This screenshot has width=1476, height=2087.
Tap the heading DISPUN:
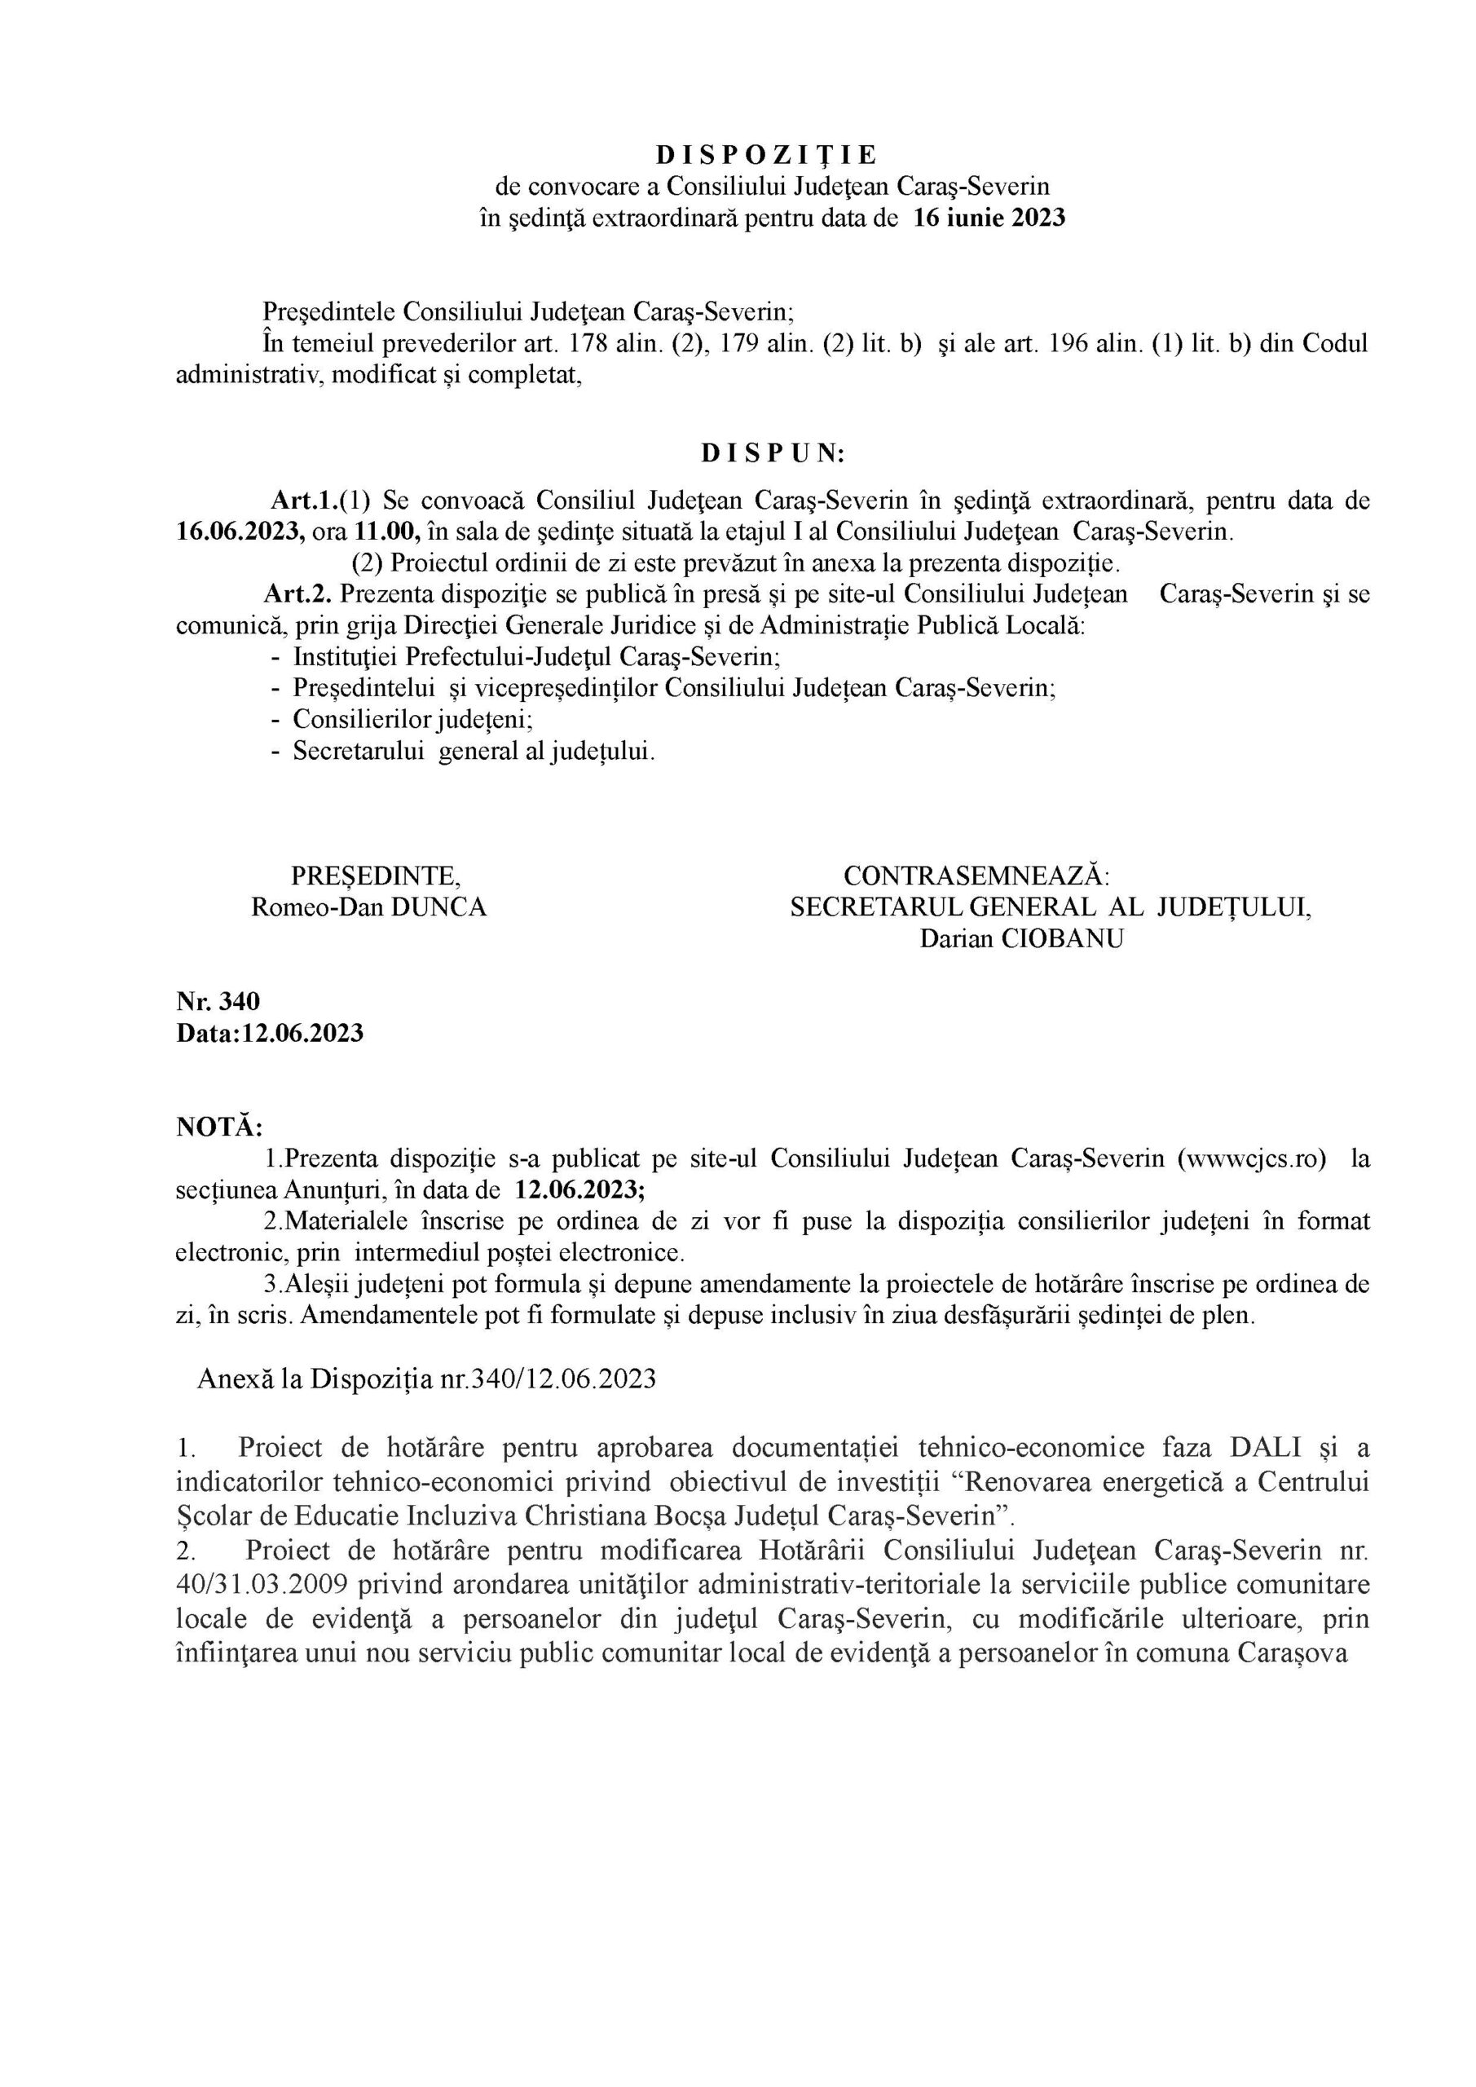(773, 453)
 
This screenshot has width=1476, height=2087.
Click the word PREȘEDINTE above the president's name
(374, 876)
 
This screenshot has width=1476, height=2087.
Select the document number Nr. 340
(218, 1001)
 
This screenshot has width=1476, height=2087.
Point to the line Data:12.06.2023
(270, 1033)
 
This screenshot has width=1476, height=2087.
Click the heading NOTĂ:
(219, 1127)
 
